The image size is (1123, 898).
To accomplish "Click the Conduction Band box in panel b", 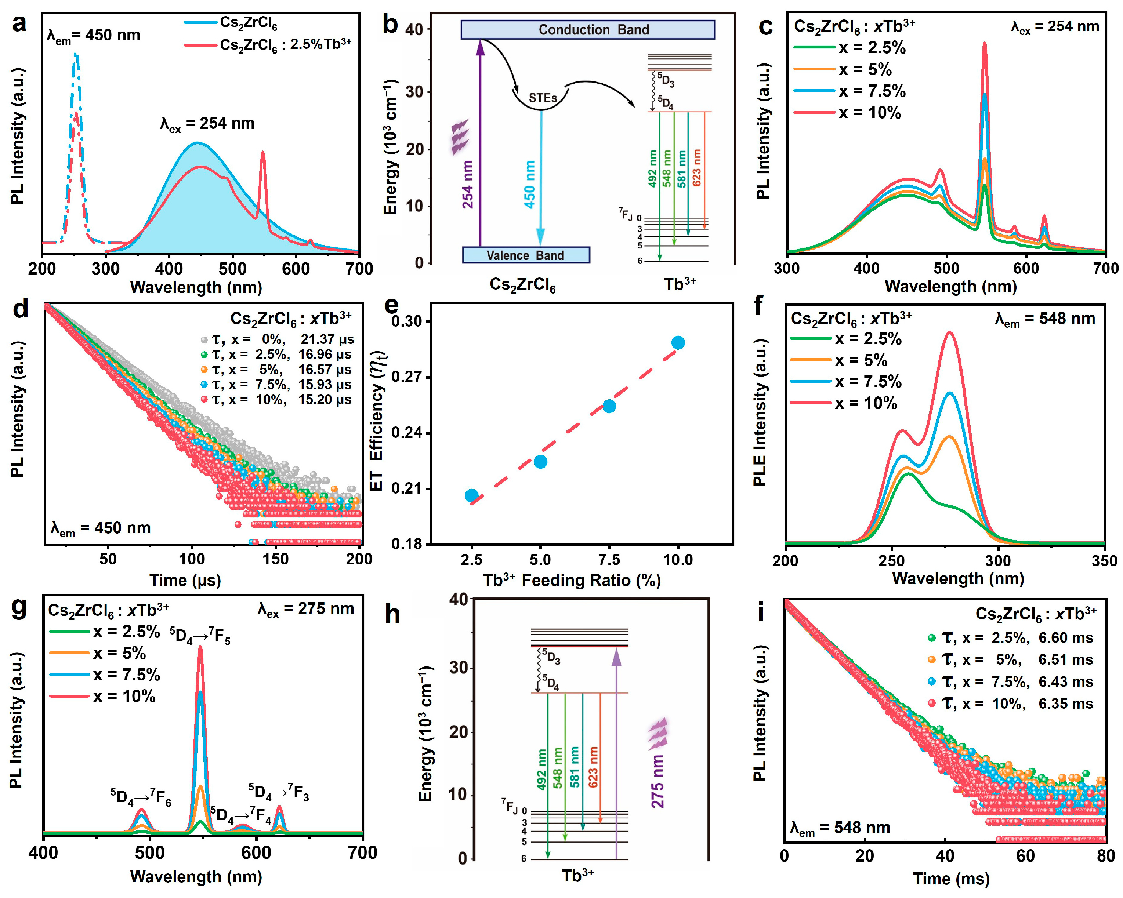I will click(587, 30).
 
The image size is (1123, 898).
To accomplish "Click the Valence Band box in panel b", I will click(526, 255).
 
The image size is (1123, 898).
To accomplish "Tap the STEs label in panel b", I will click(542, 98).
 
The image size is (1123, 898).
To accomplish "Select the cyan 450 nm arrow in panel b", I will click(541, 177).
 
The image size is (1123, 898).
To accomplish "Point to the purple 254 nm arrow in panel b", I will click(480, 146).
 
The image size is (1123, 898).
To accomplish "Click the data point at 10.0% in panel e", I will click(678, 342).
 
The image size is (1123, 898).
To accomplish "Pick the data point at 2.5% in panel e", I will click(471, 495).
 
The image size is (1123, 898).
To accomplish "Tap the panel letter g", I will click(19, 607).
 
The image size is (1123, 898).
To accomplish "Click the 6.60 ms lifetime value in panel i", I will click(1065, 638).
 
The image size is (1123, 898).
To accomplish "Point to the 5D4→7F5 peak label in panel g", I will click(200, 636).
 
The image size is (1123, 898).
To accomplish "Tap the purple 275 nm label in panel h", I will click(658, 781).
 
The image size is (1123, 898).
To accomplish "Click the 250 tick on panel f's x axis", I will click(892, 561).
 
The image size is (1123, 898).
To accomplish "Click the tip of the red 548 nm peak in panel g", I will click(200, 647).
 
